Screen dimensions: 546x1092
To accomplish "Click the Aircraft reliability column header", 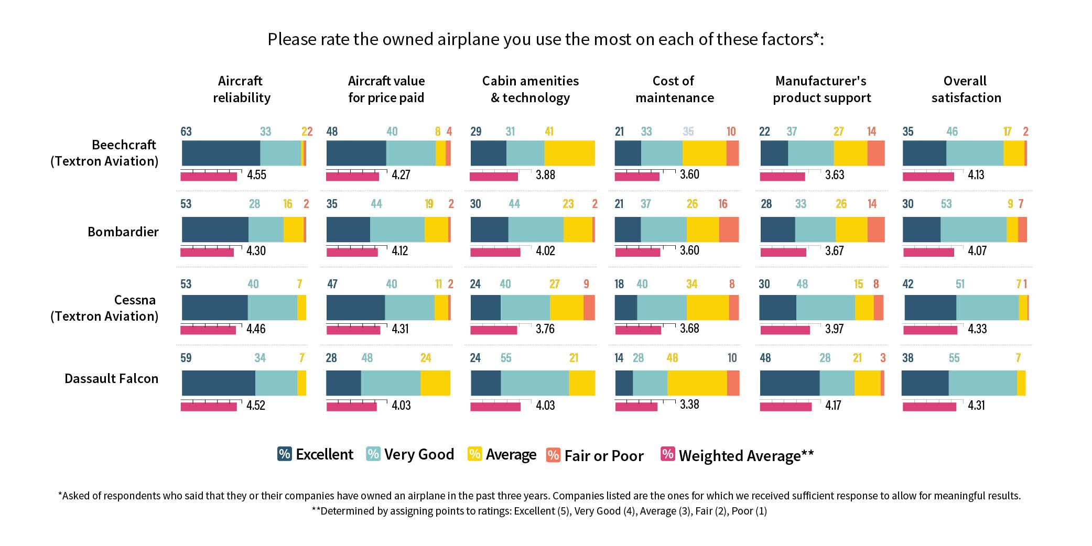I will click(x=241, y=89).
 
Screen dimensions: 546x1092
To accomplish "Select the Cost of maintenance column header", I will click(x=674, y=89).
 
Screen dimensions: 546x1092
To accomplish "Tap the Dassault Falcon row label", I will click(x=111, y=378).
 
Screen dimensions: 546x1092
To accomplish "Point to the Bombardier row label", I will click(x=123, y=232).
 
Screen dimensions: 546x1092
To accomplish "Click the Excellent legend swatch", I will click(x=284, y=454).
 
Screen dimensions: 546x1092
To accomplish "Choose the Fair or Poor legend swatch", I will click(x=553, y=455).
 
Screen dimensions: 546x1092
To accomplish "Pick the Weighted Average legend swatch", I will click(x=667, y=454).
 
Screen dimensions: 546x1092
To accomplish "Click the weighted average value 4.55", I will click(x=256, y=174).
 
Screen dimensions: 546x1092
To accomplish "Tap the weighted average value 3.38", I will click(x=689, y=405).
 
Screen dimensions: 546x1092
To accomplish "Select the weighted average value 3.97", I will click(x=834, y=329).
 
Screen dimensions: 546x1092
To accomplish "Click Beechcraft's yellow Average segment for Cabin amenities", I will click(x=569, y=153).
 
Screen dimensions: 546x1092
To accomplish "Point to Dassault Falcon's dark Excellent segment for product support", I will click(x=790, y=383).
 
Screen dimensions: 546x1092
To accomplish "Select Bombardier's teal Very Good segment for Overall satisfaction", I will click(x=973, y=230).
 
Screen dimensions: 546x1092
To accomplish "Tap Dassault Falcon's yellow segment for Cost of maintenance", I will click(x=697, y=383).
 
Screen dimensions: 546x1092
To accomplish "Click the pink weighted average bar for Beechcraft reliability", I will click(x=209, y=177).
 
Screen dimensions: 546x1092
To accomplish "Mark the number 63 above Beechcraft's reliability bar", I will click(x=186, y=132).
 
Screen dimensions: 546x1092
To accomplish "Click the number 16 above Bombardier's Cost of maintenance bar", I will click(x=723, y=204).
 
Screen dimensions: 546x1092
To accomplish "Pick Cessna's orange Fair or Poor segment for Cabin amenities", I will click(x=589, y=308).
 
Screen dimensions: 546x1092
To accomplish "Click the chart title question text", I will click(x=545, y=39).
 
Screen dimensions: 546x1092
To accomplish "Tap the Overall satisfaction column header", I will click(x=966, y=89).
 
